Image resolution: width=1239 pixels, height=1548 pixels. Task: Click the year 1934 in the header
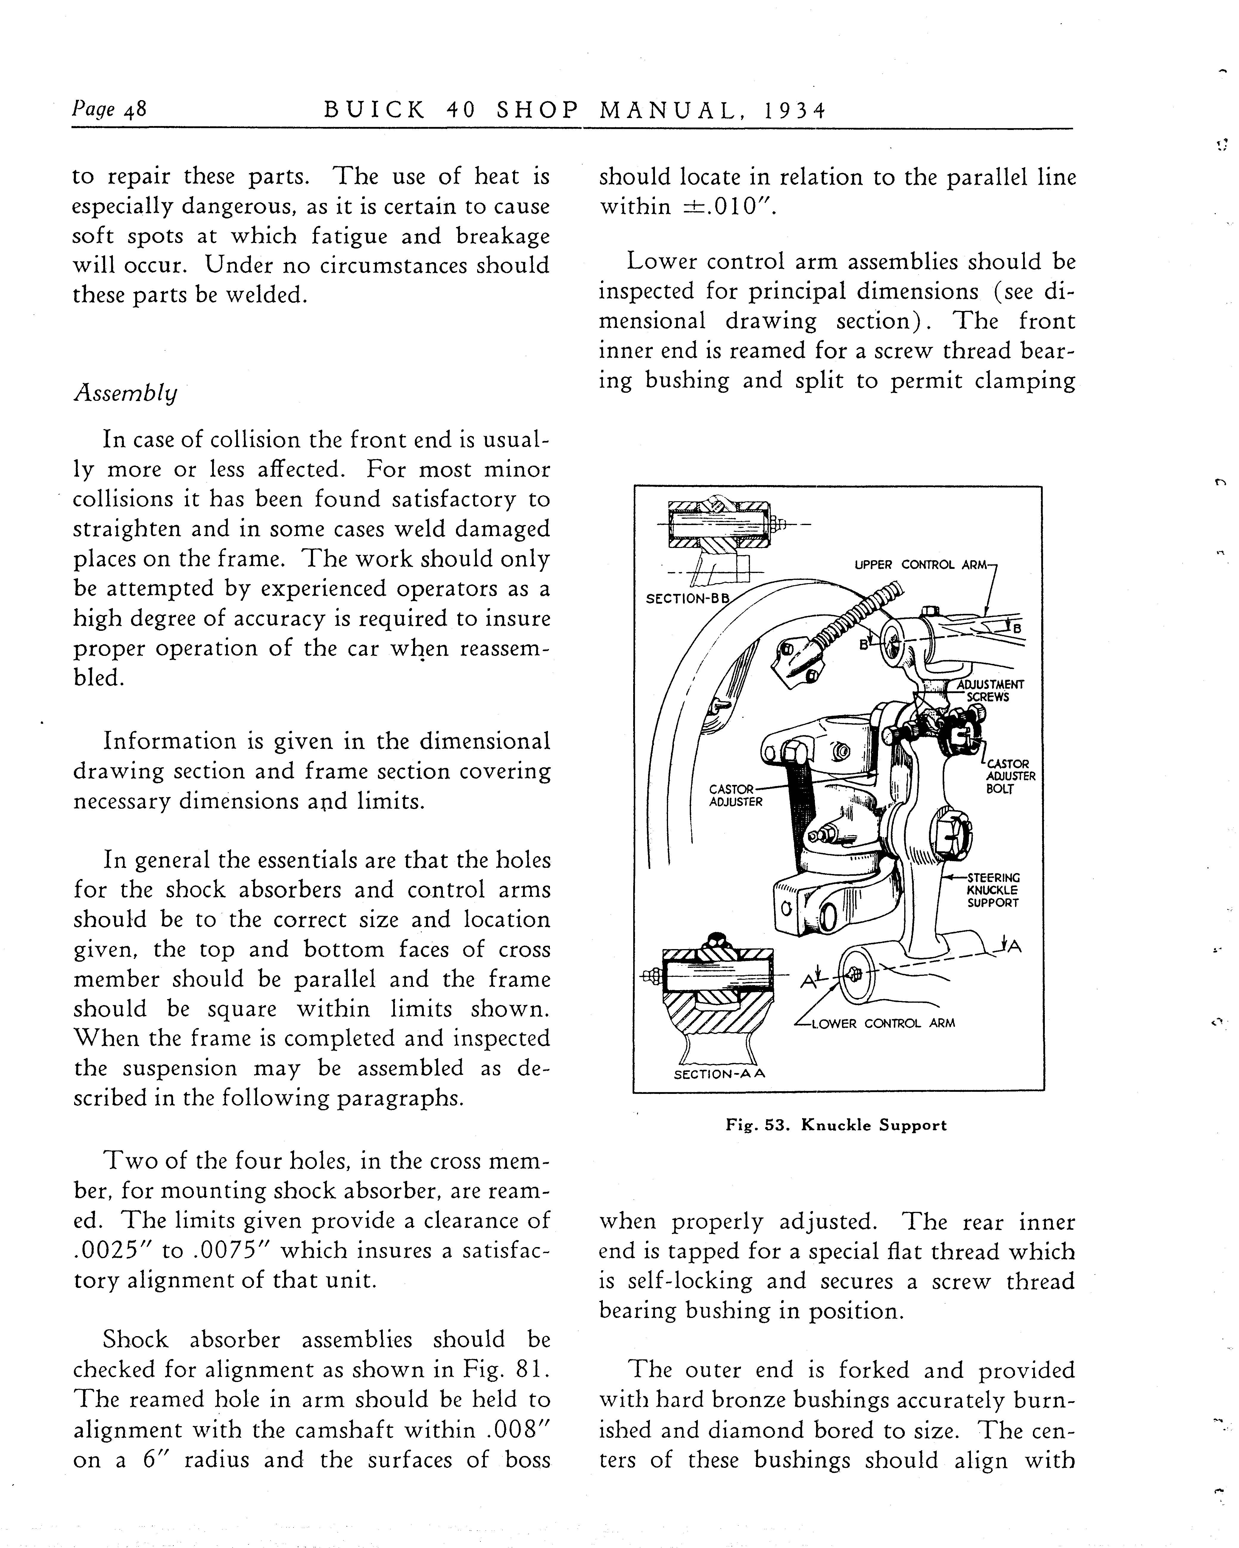(x=795, y=110)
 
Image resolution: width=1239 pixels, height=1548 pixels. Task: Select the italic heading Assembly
(x=126, y=393)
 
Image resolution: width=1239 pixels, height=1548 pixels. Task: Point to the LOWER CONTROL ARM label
(x=883, y=1023)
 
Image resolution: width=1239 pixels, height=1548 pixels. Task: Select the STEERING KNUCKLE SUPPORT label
(x=993, y=890)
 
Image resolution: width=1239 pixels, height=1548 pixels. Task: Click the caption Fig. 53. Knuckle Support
(x=836, y=1125)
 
